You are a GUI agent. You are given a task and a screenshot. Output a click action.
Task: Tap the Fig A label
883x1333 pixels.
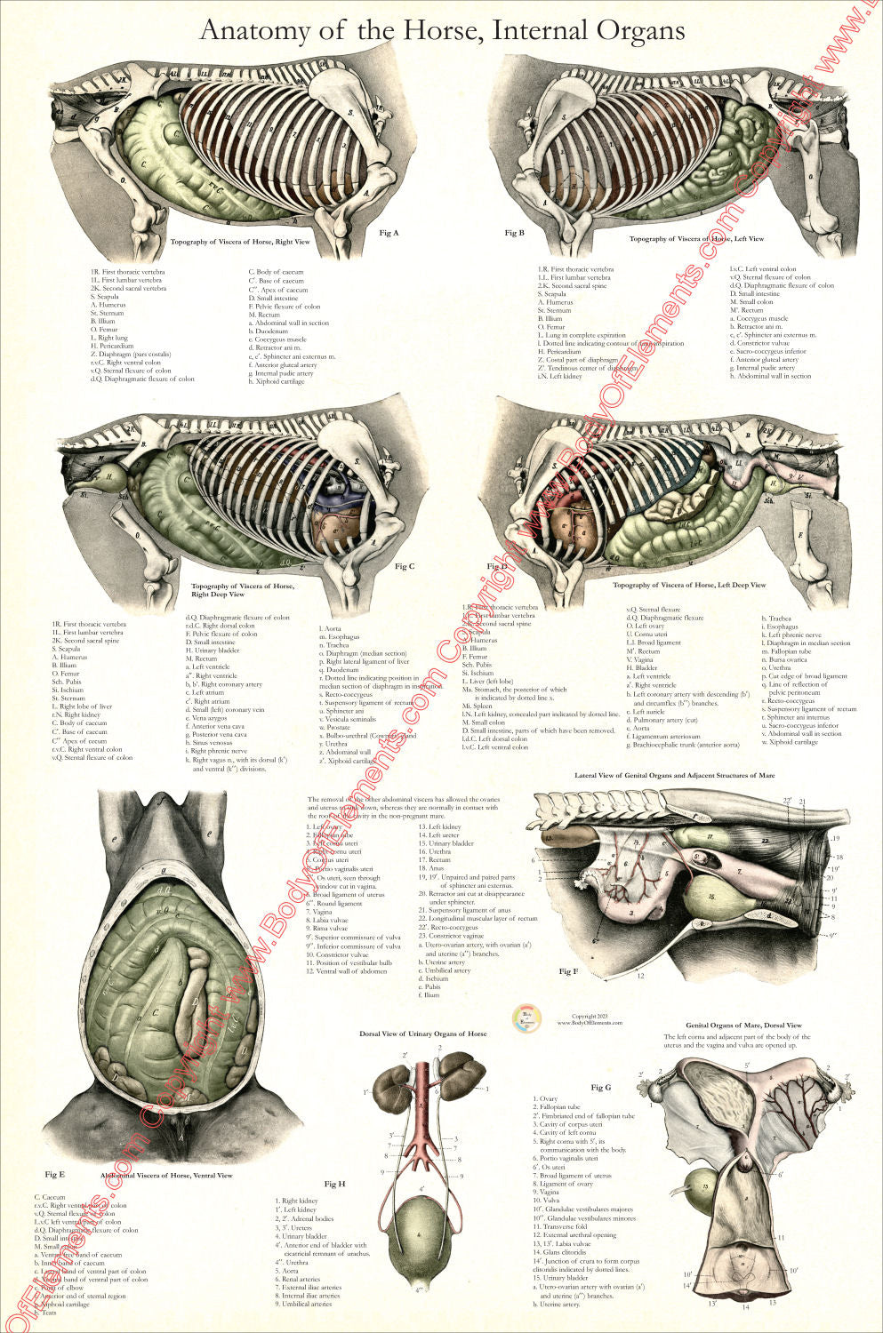[x=389, y=233]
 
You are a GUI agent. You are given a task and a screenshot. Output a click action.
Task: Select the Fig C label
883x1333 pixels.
[x=405, y=566]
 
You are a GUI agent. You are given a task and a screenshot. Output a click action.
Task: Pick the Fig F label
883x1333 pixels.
[x=568, y=971]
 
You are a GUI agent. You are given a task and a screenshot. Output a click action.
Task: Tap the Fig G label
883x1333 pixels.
[x=601, y=1087]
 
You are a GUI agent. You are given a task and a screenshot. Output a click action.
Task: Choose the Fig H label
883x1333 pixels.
[x=334, y=1184]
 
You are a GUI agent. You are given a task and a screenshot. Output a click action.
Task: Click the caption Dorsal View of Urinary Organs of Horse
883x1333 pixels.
[x=422, y=1034]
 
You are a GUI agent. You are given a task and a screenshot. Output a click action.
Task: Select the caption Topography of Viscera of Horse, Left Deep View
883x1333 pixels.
[x=689, y=585]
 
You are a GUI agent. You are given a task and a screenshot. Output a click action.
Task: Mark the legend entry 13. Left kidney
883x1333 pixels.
[x=440, y=826]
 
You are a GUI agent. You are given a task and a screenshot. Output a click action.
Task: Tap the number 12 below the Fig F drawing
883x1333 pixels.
[x=640, y=976]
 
